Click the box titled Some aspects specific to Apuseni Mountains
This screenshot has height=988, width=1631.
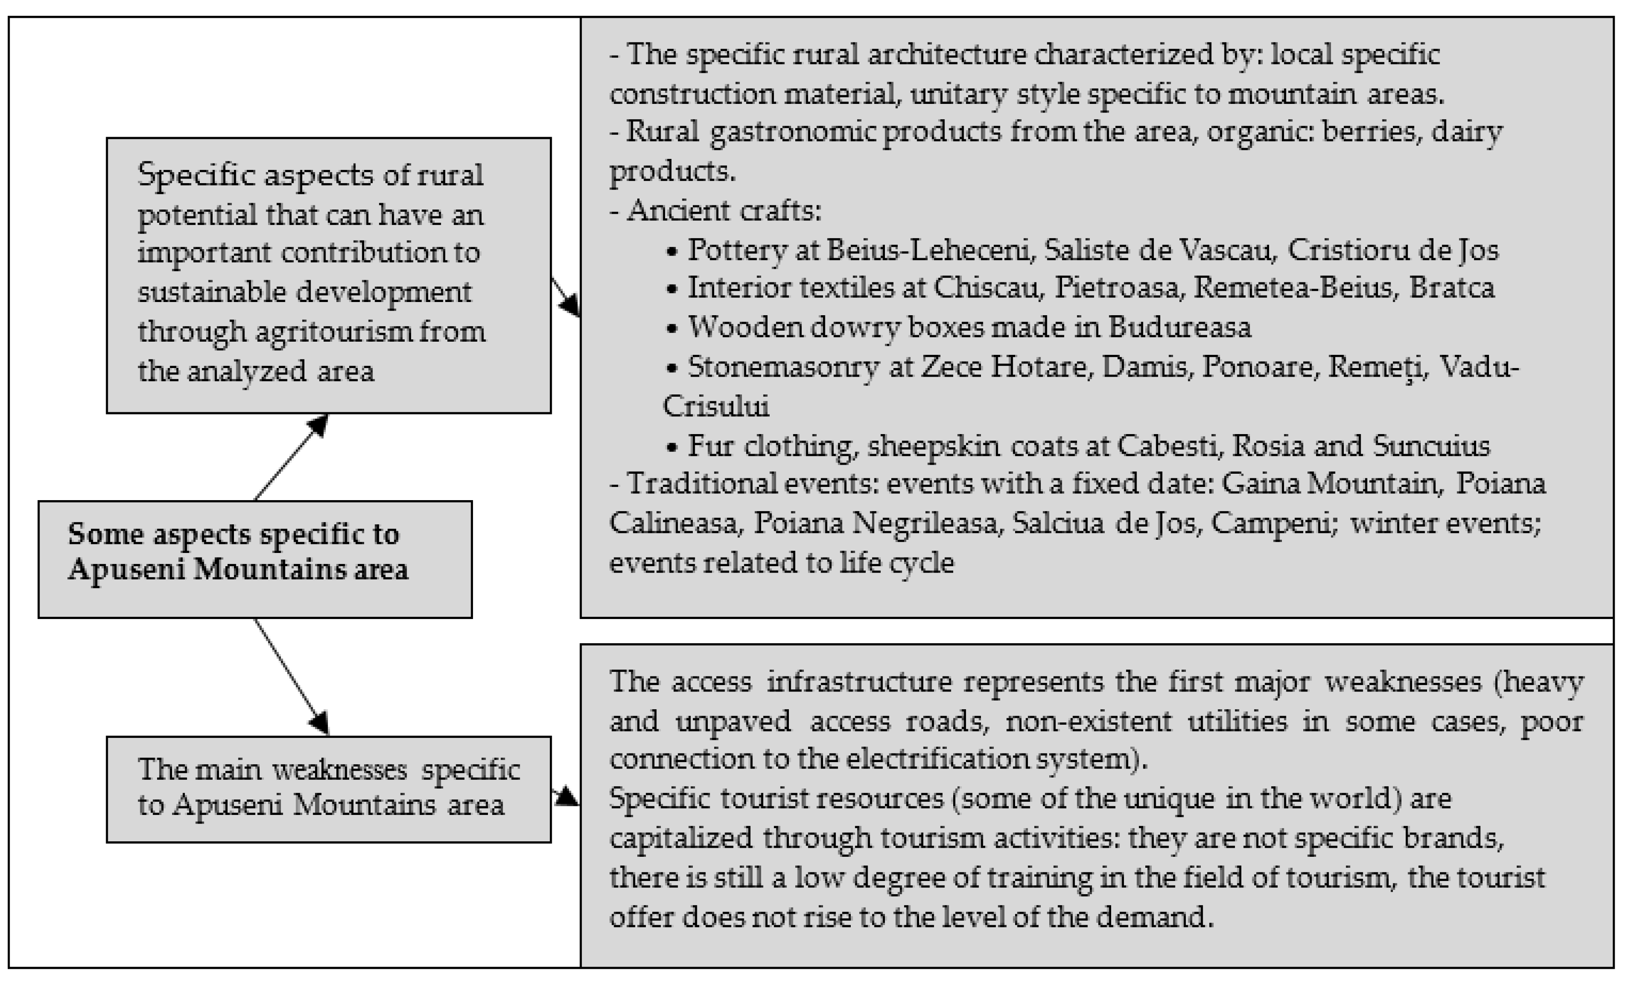255,559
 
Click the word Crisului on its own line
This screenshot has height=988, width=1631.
716,406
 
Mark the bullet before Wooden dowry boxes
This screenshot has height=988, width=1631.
672,328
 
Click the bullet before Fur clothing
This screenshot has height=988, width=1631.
672,447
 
